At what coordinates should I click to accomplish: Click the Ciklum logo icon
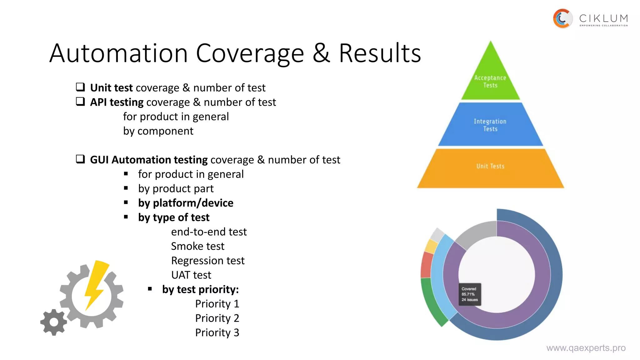tap(563, 19)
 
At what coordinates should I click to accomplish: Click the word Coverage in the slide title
tap(250, 53)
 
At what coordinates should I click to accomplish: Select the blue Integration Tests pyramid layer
tap(490, 125)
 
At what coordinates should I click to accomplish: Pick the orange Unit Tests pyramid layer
tap(490, 169)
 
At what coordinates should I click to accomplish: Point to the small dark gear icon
tap(54, 322)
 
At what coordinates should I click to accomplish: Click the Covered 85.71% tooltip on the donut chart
tap(470, 294)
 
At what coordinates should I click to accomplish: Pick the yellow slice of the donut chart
tap(431, 246)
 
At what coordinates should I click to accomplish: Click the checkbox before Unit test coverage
tap(81, 87)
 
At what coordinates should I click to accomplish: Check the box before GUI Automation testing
tap(81, 159)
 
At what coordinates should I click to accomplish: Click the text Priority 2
tap(217, 318)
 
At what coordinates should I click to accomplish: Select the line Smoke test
tap(197, 246)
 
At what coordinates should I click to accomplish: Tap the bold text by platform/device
tap(186, 203)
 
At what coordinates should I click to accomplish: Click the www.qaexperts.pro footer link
tap(586, 348)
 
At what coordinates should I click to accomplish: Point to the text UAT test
tap(191, 275)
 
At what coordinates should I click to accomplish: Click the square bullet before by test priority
tap(150, 289)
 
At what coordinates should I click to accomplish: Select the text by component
tap(158, 131)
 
